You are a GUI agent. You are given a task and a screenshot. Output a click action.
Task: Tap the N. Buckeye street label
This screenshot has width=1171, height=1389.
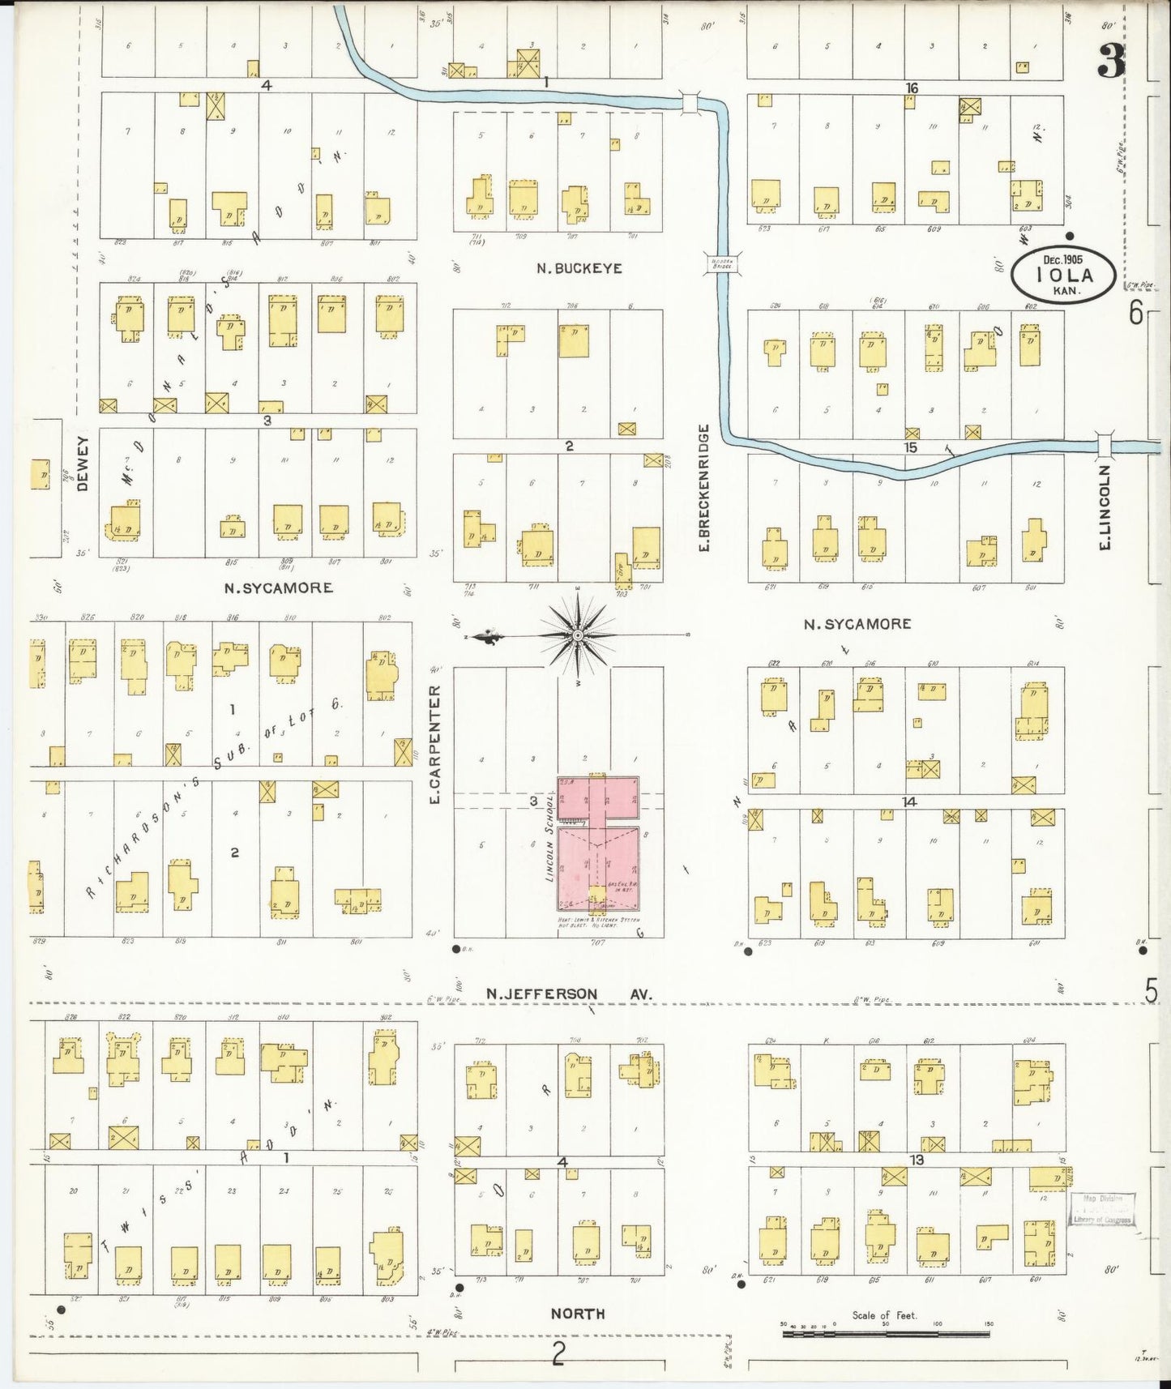tap(579, 268)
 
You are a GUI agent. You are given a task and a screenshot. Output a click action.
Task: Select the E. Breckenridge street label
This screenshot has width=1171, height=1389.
tap(703, 489)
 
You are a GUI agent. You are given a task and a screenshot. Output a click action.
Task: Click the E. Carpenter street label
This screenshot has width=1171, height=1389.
tap(435, 745)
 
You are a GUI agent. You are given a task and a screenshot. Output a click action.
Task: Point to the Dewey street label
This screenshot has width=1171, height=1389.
tap(83, 464)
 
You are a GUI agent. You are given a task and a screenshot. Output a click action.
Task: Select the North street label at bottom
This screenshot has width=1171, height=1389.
tap(577, 1314)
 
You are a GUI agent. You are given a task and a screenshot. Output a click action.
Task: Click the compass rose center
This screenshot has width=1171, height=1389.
tap(577, 635)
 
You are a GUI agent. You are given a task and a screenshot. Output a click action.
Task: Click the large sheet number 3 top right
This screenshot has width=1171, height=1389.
tap(1111, 62)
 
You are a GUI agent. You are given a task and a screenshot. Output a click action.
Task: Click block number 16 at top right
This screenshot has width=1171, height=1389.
tap(912, 88)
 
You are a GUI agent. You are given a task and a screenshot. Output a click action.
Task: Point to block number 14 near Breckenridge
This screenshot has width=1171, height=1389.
tap(909, 801)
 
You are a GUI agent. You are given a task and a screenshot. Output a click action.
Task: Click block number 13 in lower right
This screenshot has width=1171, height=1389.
tap(916, 1160)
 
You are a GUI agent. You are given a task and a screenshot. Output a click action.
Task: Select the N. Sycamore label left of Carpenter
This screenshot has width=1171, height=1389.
tap(278, 588)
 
